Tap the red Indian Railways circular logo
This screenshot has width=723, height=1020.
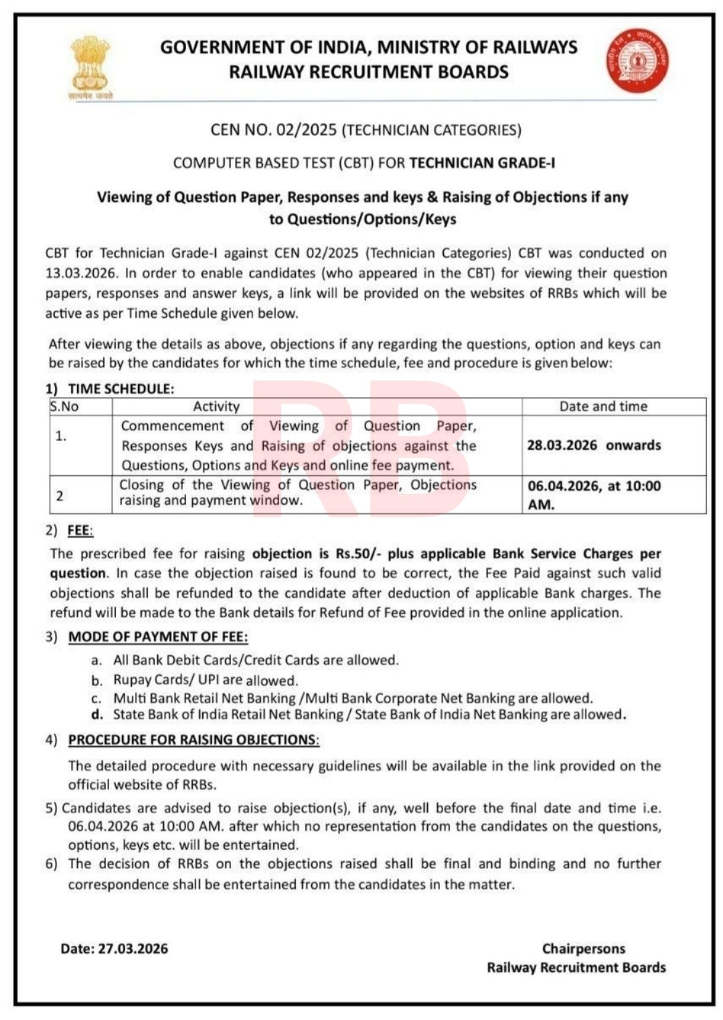coord(638,61)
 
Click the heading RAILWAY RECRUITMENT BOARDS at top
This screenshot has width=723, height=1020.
coord(369,72)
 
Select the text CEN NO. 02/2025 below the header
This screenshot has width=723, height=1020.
coord(273,130)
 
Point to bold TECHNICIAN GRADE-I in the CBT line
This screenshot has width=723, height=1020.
coord(482,163)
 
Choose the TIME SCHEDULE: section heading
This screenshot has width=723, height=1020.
coord(120,389)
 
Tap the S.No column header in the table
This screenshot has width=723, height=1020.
coord(64,406)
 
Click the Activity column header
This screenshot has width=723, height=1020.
coord(216,406)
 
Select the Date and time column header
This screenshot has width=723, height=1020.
coord(603,406)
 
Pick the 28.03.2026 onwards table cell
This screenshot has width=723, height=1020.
coord(594,445)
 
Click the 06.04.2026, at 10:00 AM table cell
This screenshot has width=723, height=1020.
coord(594,495)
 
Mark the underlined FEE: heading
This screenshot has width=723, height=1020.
coord(80,531)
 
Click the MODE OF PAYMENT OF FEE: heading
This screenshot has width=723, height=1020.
coord(158,636)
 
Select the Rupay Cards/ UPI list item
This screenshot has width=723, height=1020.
coord(205,680)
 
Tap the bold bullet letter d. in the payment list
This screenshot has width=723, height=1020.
coord(98,715)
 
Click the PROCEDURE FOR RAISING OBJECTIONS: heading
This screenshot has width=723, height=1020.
coord(193,740)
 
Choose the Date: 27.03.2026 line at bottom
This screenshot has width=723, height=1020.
coord(114,948)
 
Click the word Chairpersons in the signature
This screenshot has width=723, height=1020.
coord(583,948)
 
